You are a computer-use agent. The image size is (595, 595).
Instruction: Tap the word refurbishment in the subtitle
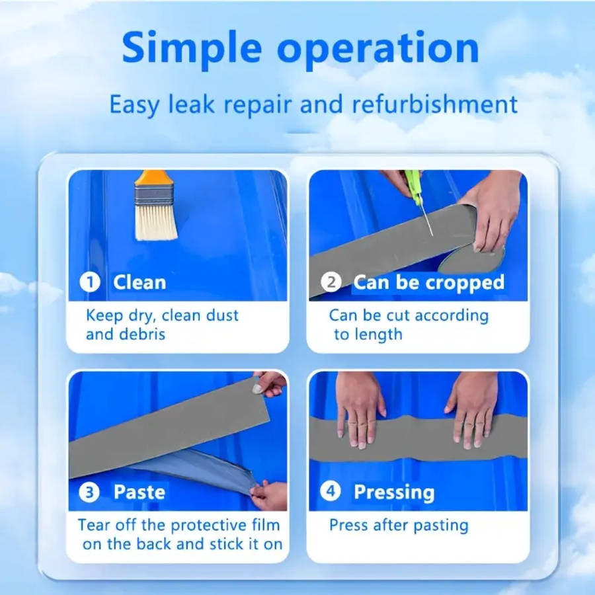click(x=434, y=104)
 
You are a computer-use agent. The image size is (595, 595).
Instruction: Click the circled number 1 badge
click(x=91, y=282)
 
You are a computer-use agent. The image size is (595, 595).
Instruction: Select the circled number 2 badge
click(x=331, y=282)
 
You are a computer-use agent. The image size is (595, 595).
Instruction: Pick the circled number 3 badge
click(x=91, y=492)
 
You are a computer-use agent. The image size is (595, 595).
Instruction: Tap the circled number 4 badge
click(x=331, y=492)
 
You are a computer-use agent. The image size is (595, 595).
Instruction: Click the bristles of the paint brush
click(x=156, y=221)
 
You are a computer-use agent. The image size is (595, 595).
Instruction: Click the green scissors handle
click(x=414, y=184)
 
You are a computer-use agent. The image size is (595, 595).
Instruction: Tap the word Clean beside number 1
click(x=139, y=282)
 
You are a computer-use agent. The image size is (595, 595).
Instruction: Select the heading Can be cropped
click(x=428, y=282)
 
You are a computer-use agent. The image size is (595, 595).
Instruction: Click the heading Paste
click(x=139, y=492)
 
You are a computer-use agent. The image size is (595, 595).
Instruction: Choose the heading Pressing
click(x=394, y=492)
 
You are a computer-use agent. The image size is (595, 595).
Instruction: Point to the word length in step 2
click(x=377, y=334)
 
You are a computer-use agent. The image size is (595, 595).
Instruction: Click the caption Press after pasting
click(x=399, y=526)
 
